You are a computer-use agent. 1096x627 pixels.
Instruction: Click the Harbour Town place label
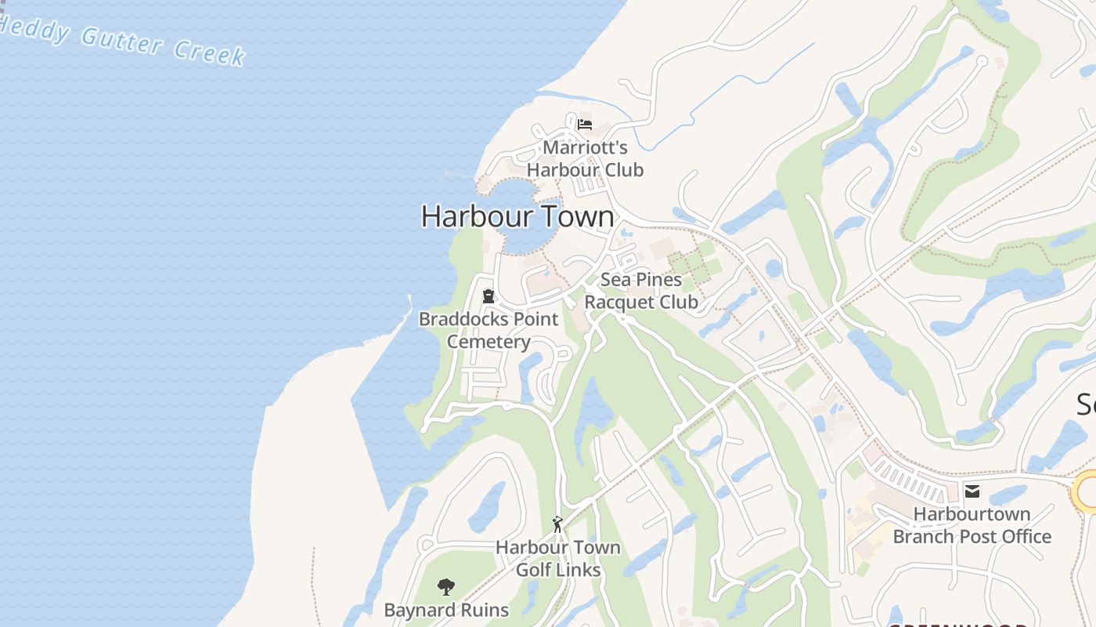[517, 216]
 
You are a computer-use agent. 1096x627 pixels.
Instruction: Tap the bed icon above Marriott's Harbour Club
[585, 124]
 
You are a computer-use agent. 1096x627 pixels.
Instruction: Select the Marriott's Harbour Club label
[585, 158]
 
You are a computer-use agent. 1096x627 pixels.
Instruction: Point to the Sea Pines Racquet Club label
[641, 291]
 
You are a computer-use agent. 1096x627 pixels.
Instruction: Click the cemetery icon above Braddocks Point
[489, 296]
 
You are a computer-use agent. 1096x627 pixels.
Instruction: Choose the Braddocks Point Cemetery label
[489, 331]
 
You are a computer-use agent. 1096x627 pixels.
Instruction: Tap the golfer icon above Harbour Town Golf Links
[557, 524]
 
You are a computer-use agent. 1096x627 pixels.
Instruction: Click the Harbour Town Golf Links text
[558, 559]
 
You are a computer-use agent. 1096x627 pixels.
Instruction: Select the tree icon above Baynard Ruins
[446, 587]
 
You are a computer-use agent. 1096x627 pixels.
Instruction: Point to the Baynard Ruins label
[446, 610]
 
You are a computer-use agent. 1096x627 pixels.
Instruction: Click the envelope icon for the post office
[972, 491]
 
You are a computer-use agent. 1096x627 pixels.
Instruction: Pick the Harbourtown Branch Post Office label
[972, 525]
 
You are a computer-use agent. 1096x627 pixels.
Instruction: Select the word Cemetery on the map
[489, 342]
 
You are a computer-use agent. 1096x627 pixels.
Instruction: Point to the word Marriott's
[585, 147]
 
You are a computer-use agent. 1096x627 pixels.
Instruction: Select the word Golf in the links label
[532, 570]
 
